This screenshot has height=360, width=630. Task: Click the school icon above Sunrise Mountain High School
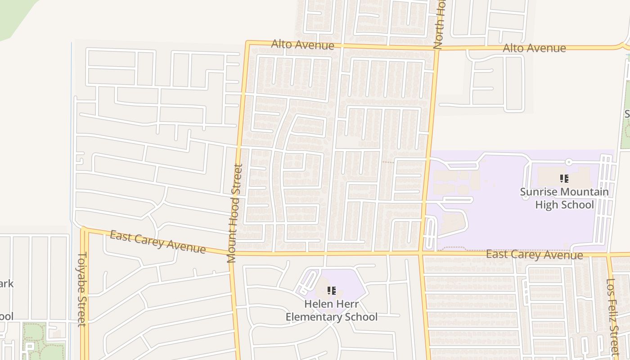point(564,179)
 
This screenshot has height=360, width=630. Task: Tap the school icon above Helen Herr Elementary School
point(332,291)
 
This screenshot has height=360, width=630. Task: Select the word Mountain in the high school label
point(584,192)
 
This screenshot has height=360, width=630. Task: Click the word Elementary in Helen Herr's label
point(314,317)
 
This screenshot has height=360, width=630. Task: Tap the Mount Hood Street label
point(234,213)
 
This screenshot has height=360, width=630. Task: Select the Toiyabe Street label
point(82,289)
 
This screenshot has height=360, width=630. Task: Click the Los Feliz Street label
point(612,317)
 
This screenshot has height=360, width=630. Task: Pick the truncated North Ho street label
point(438,25)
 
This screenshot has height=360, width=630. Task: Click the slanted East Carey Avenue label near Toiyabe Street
point(157,242)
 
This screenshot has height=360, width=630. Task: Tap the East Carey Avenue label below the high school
point(534,255)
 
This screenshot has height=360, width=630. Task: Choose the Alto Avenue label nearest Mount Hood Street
point(302,45)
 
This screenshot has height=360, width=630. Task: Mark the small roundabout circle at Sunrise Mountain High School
point(568,162)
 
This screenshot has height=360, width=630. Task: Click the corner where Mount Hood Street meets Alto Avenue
point(247,43)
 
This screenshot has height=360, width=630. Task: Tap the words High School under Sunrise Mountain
point(564,205)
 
